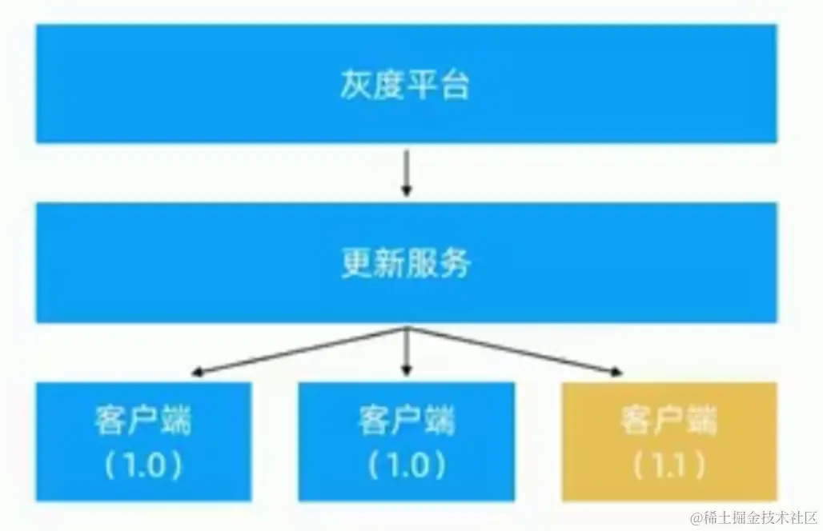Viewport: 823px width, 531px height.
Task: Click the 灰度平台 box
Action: [406, 83]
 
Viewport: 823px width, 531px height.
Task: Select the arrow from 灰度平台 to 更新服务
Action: [407, 172]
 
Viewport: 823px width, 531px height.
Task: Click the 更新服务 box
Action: [406, 263]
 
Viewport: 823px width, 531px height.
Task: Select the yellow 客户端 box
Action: [668, 441]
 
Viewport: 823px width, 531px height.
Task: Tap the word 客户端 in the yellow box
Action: [668, 420]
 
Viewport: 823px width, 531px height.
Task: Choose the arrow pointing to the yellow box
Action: [520, 352]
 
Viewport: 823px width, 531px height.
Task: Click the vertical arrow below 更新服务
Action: [407, 352]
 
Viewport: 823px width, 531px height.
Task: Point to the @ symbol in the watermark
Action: [697, 517]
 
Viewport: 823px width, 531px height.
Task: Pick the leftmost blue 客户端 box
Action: [143, 441]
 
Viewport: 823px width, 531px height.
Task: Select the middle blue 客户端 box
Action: [406, 441]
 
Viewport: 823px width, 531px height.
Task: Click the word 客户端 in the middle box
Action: [406, 420]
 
